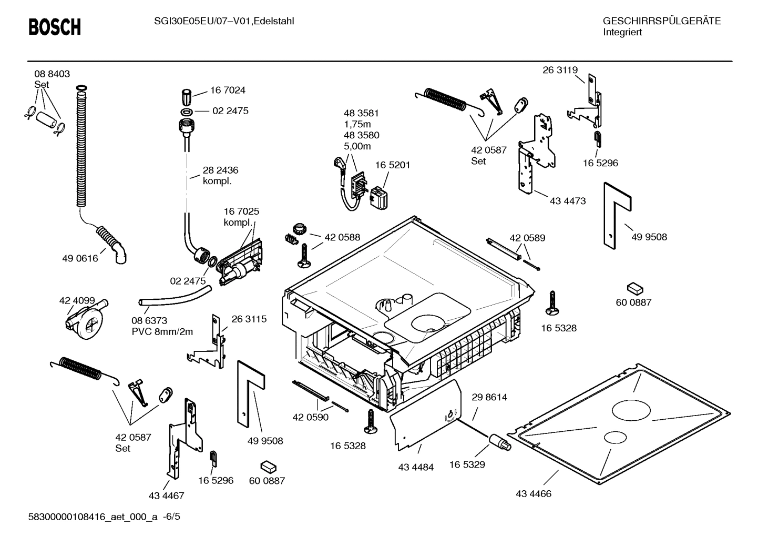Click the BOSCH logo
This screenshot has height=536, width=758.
point(55,27)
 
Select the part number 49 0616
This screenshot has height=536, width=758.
point(80,258)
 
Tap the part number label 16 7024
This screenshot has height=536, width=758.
point(228,90)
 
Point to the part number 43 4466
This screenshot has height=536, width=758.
point(534,494)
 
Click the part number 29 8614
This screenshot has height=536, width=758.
point(489,397)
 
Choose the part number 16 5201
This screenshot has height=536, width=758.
point(393,165)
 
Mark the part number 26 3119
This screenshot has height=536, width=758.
point(560,70)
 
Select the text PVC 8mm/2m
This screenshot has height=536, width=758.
point(162,331)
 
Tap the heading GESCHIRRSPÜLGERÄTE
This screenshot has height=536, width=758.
point(661,21)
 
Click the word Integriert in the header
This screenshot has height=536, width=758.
point(622,32)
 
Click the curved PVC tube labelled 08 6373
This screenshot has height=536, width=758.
point(174,296)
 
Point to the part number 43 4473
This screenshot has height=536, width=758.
point(568,201)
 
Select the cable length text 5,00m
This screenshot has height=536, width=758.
point(357,146)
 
